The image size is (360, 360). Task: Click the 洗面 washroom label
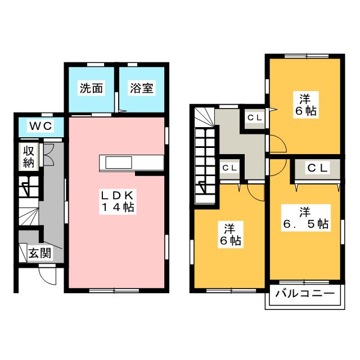(91, 88)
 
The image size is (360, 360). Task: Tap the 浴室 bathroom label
(142, 88)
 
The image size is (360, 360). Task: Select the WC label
(40, 126)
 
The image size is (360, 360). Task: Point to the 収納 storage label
(29, 157)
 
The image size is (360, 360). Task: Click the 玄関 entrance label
(40, 253)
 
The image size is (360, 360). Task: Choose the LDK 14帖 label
(118, 201)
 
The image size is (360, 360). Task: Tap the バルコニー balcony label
(305, 294)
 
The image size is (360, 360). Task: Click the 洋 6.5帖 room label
(306, 218)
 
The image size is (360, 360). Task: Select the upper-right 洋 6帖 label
(306, 105)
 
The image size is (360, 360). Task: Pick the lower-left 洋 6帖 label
(231, 235)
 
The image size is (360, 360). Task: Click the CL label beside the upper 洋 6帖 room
(255, 118)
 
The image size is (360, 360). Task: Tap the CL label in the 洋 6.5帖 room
(317, 168)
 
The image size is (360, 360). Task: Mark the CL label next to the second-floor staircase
(229, 168)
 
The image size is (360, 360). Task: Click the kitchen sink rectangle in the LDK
(119, 163)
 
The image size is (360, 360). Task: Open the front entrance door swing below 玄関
(47, 276)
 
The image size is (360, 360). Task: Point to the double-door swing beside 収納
(49, 155)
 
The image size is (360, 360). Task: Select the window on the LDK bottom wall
(114, 291)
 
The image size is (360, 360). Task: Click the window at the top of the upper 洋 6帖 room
(307, 56)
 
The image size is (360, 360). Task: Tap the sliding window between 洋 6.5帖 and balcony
(304, 282)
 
